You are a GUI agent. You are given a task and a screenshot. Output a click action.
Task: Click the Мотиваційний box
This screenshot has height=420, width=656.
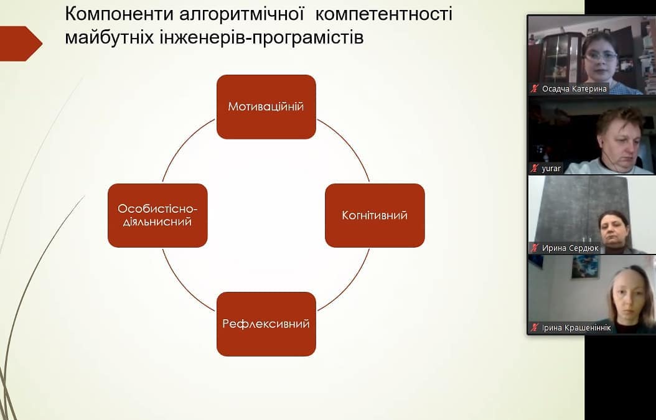[x=266, y=106]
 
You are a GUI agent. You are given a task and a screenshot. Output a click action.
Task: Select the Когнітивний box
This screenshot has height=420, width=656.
[x=375, y=215]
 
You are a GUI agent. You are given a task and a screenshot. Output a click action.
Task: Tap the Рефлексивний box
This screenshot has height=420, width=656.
[x=266, y=324]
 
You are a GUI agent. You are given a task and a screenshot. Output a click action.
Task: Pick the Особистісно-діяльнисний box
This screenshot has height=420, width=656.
[x=157, y=215]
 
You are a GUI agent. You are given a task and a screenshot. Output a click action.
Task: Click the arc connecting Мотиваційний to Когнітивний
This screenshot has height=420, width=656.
[x=350, y=144]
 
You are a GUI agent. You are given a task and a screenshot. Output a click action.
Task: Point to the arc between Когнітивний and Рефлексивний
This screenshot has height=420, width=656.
[x=350, y=287]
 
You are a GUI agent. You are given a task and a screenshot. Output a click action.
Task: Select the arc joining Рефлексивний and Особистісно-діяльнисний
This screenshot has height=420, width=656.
[x=182, y=287]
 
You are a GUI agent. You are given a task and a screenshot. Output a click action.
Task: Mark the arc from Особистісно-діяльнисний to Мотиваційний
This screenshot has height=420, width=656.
[x=182, y=144]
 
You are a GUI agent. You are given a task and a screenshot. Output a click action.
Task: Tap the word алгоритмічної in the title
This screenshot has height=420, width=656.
[x=242, y=15]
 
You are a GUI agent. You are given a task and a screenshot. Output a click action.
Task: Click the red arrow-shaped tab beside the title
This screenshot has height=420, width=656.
[x=21, y=44]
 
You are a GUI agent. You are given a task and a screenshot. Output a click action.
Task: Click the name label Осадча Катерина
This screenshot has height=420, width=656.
[x=574, y=89]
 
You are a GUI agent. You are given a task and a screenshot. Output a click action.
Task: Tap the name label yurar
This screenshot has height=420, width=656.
[x=551, y=169]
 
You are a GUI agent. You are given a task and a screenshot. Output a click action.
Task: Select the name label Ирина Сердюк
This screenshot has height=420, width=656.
[x=570, y=248]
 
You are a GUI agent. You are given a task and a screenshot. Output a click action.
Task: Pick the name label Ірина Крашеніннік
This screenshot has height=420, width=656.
[x=576, y=328]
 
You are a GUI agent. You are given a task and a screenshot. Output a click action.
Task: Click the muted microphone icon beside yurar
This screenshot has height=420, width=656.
[x=534, y=168]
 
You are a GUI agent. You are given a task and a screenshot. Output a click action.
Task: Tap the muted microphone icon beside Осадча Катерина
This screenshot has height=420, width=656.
[x=534, y=88]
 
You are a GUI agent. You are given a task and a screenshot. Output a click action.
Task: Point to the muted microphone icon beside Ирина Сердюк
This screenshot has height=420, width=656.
[x=534, y=248]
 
